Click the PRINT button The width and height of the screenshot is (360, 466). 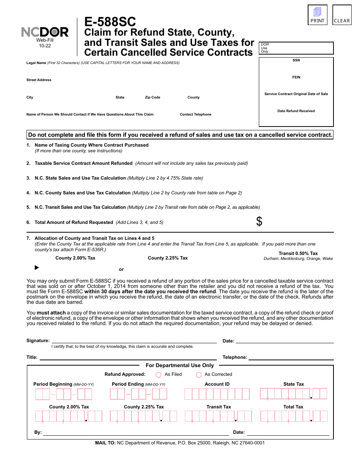click(x=318, y=15)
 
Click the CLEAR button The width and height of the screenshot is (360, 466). click(x=342, y=15)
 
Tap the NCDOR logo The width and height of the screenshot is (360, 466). click(x=45, y=32)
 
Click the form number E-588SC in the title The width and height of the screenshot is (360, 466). click(x=110, y=22)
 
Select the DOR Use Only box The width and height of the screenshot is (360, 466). click(x=296, y=48)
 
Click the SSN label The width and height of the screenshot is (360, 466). click(x=296, y=60)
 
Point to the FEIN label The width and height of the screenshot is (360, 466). click(x=296, y=77)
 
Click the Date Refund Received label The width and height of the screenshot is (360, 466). click(x=296, y=111)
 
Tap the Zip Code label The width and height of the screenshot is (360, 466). click(x=152, y=97)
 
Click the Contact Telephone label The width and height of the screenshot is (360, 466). click(x=196, y=114)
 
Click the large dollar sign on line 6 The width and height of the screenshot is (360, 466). click(x=259, y=222)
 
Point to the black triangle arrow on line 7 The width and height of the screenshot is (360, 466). click(x=37, y=267)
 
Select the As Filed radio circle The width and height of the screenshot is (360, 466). click(x=158, y=375)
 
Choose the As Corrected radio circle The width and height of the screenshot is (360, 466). click(x=199, y=375)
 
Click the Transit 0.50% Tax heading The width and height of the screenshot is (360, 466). click(x=298, y=253)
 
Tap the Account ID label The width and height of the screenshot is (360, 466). click(x=217, y=384)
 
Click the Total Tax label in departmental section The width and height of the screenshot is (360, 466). click(x=293, y=407)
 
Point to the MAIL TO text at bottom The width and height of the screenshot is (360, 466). click(x=105, y=443)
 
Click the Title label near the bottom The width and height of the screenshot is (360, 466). click(x=32, y=357)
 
